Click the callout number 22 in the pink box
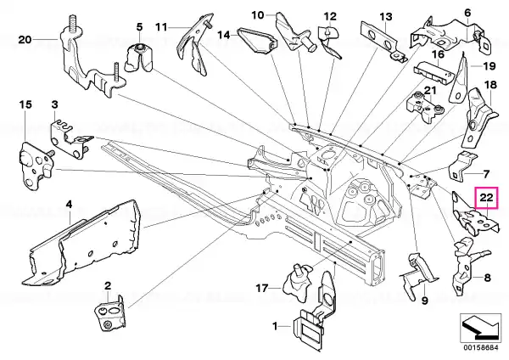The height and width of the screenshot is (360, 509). point(486,198)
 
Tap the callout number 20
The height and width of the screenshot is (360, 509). point(25,40)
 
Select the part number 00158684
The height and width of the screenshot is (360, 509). point(480,348)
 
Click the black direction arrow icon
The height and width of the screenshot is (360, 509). point(481,328)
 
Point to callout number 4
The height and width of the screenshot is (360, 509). point(69,205)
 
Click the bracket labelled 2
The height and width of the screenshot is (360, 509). point(109,314)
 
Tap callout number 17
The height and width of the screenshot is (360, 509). point(262,288)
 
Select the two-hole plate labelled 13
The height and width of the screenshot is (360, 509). point(383,41)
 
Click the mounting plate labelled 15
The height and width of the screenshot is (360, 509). point(34,166)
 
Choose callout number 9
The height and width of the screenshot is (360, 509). point(425,301)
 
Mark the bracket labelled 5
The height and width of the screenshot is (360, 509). point(139,58)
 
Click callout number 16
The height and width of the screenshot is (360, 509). point(439,54)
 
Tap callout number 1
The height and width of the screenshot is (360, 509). point(275,326)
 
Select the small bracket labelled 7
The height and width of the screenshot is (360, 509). point(461,166)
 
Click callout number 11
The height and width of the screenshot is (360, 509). point(161,27)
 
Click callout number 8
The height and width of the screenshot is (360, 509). point(488,278)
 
